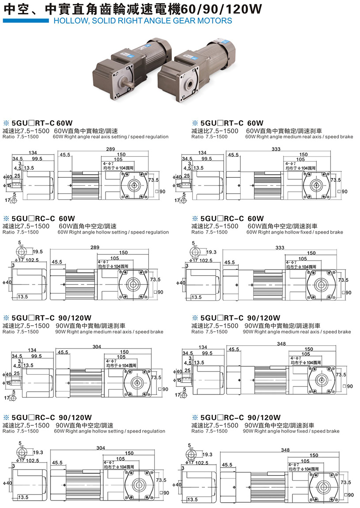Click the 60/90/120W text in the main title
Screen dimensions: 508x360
[x=227, y=9]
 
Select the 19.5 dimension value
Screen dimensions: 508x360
[x=38, y=251]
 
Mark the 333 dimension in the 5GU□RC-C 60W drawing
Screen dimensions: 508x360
[x=280, y=248]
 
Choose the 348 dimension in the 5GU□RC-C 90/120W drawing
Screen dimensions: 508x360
[x=285, y=450]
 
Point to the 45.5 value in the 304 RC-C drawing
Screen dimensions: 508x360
[x=57, y=463]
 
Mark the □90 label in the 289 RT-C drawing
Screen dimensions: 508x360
[x=162, y=192]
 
